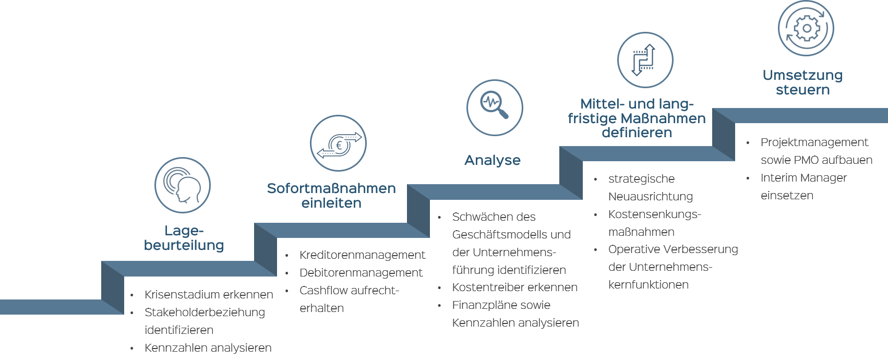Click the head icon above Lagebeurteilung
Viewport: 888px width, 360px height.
183,185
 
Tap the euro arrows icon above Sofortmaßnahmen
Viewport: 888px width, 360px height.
338,143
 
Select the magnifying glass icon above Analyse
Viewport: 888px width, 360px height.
494,107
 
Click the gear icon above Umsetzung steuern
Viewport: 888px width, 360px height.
806,28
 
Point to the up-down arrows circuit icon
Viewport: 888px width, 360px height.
645,61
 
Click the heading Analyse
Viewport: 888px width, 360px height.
493,160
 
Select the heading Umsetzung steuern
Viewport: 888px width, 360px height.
802,82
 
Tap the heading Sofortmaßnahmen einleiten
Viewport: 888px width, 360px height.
331,195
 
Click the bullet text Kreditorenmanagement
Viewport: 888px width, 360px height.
362,255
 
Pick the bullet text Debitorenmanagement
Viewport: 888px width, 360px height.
361,273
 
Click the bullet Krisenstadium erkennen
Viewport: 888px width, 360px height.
209,295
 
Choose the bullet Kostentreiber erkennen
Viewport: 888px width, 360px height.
514,287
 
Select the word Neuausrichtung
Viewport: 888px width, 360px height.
650,197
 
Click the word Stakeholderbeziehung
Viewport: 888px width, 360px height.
205,313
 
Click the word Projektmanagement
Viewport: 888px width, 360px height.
814,142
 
